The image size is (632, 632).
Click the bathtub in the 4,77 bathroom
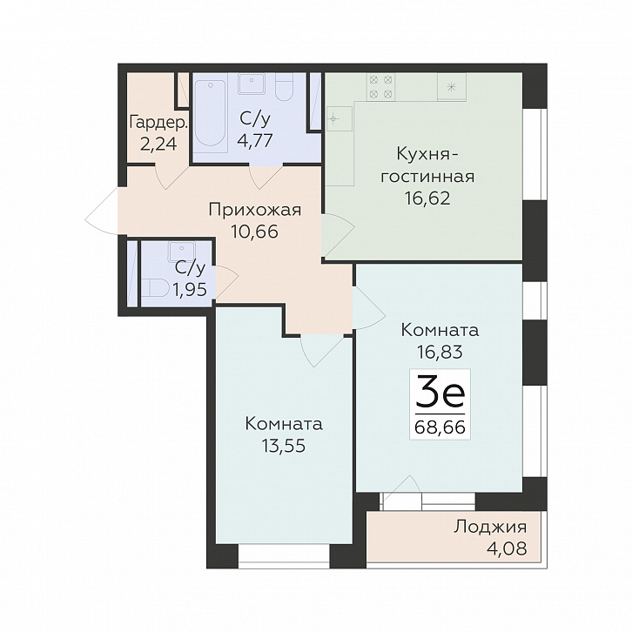point(210,113)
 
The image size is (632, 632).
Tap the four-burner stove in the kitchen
point(380,87)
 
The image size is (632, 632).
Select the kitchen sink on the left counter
point(340,118)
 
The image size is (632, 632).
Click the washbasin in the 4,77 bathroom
point(251,84)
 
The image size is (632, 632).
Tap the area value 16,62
point(427,198)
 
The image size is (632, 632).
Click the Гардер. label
point(158,123)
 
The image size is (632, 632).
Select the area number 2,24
point(158,144)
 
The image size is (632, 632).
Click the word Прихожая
point(255,210)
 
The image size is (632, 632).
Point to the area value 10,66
point(255,232)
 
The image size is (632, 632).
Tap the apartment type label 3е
point(440,391)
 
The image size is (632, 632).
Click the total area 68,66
point(440,427)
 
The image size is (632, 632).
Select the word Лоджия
point(490,528)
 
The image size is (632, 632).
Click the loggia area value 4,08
point(508,548)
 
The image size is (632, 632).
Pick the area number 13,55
point(284,446)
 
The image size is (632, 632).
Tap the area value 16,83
point(440,352)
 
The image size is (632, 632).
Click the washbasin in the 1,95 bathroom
point(182,252)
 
